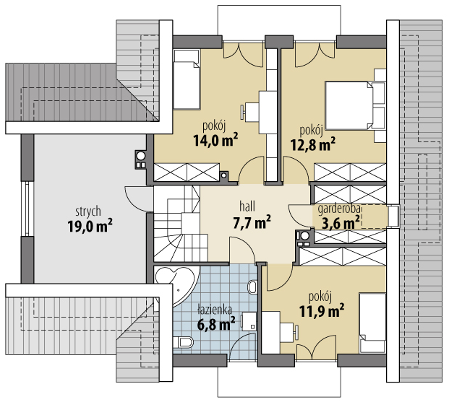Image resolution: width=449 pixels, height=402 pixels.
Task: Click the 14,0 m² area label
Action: pos(215,140)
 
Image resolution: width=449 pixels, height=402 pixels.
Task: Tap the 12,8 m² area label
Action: pos(313,144)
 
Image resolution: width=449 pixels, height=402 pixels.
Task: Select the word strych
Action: pos(88,211)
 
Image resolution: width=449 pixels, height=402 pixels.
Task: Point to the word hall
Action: pos(247,206)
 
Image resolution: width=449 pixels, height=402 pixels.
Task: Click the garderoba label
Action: pos(339,209)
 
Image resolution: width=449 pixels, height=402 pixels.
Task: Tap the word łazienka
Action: pos(215,310)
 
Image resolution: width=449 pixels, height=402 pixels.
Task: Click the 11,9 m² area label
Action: pos(322,311)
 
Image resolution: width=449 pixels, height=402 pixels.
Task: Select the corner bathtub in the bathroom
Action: pos(176,287)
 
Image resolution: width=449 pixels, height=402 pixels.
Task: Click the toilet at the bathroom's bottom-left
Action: pos(183,342)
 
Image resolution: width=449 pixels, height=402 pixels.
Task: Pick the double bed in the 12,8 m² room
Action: pos(355,105)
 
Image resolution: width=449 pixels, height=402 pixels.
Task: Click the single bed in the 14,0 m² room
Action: pos(187,79)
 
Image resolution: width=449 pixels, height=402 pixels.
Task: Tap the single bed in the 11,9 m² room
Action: pos(372,323)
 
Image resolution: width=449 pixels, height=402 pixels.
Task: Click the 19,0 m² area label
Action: pos(90,226)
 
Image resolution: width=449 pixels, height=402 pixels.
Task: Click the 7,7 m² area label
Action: pos(252,222)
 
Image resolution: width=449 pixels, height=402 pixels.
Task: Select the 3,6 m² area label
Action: pos(341,223)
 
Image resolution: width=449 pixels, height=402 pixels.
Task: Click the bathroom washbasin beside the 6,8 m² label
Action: pos(249,321)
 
